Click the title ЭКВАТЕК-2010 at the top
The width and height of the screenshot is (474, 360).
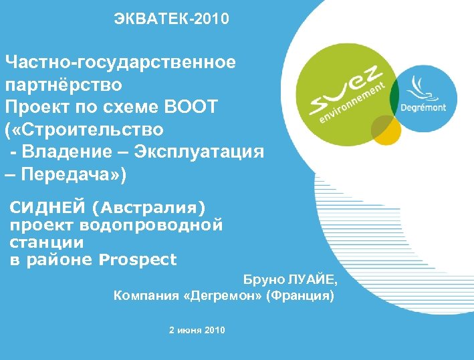(x=171, y=19)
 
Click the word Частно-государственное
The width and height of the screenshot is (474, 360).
(x=120, y=63)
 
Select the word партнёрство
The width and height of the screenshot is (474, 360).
(x=63, y=85)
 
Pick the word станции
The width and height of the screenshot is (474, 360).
(x=47, y=242)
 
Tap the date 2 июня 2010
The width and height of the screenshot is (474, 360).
(x=197, y=330)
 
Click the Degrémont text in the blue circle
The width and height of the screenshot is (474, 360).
(x=423, y=108)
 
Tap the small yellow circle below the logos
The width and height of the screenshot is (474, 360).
(x=386, y=130)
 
